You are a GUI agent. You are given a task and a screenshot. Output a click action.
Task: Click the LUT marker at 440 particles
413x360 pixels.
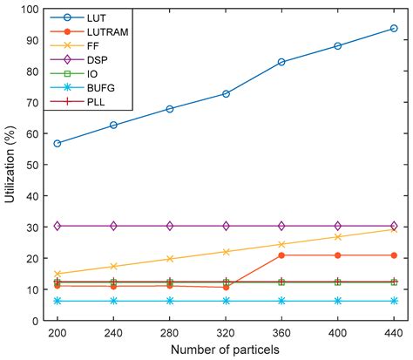(394, 29)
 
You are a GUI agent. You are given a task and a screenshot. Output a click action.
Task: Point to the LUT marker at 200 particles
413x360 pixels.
(58, 143)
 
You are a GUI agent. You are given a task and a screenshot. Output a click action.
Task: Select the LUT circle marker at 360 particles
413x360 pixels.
(281, 62)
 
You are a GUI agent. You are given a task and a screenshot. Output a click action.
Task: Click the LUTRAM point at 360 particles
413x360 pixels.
(281, 255)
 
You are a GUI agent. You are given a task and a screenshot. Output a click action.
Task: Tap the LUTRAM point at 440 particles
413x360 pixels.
(394, 255)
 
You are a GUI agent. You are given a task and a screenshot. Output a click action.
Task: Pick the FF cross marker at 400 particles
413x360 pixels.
(338, 237)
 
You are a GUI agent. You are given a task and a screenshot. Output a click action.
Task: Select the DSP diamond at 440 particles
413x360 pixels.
(394, 226)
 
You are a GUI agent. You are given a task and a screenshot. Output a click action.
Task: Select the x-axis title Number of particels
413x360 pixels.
(226, 350)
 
